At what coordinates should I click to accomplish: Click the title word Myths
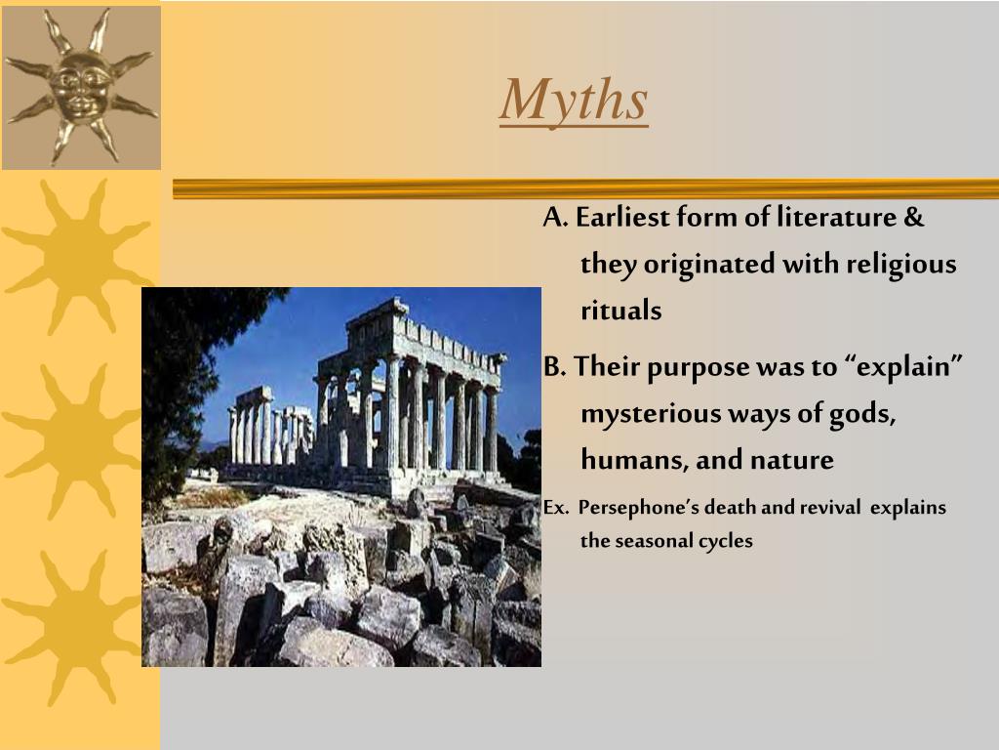[x=574, y=101]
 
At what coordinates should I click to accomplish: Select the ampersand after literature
[x=913, y=218]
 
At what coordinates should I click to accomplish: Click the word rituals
[x=621, y=311]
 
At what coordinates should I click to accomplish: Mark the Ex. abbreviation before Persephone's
[x=555, y=508]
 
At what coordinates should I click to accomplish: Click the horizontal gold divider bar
[x=585, y=188]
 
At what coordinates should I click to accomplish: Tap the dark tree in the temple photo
[x=181, y=383]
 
